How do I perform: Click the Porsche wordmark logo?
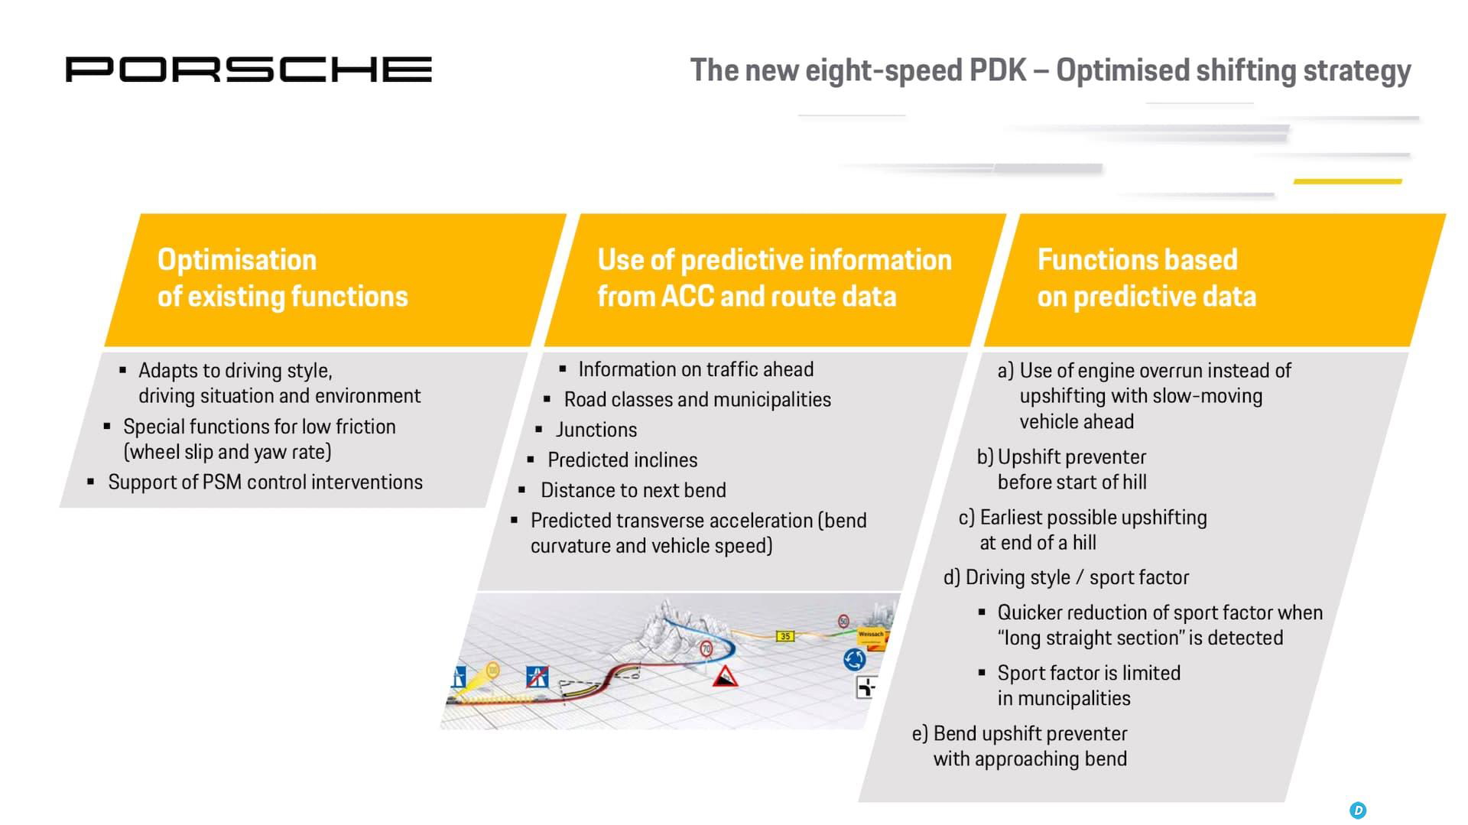click(x=248, y=70)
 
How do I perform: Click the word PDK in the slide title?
click(x=998, y=70)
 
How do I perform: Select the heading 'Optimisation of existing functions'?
click(x=283, y=278)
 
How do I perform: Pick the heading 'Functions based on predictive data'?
click(x=1146, y=278)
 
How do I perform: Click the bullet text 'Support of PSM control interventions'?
click(x=265, y=482)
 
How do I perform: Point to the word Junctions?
click(x=596, y=430)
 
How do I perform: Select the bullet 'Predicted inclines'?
click(x=622, y=460)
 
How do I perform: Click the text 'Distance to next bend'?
click(x=633, y=490)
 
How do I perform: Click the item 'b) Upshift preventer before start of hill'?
click(x=1062, y=469)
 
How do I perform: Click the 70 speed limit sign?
click(x=706, y=649)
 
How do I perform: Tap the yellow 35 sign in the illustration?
click(x=785, y=636)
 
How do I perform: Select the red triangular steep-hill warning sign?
click(x=725, y=676)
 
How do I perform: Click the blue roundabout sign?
click(x=854, y=658)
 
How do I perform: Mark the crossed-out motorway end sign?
click(x=538, y=677)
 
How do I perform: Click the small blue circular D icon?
click(x=1358, y=810)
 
